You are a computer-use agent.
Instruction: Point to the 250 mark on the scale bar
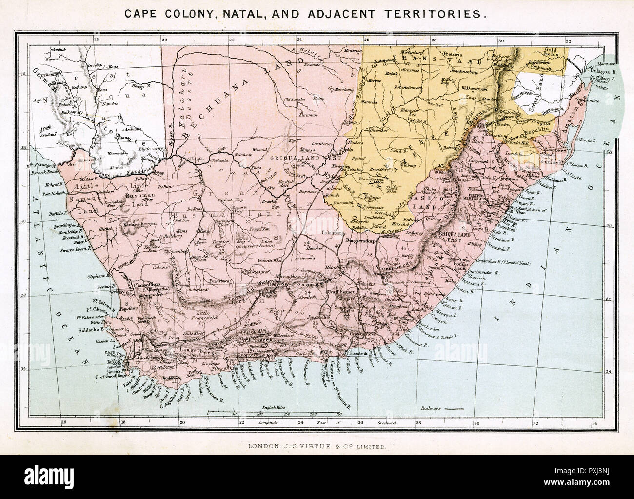[x=338, y=414]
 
